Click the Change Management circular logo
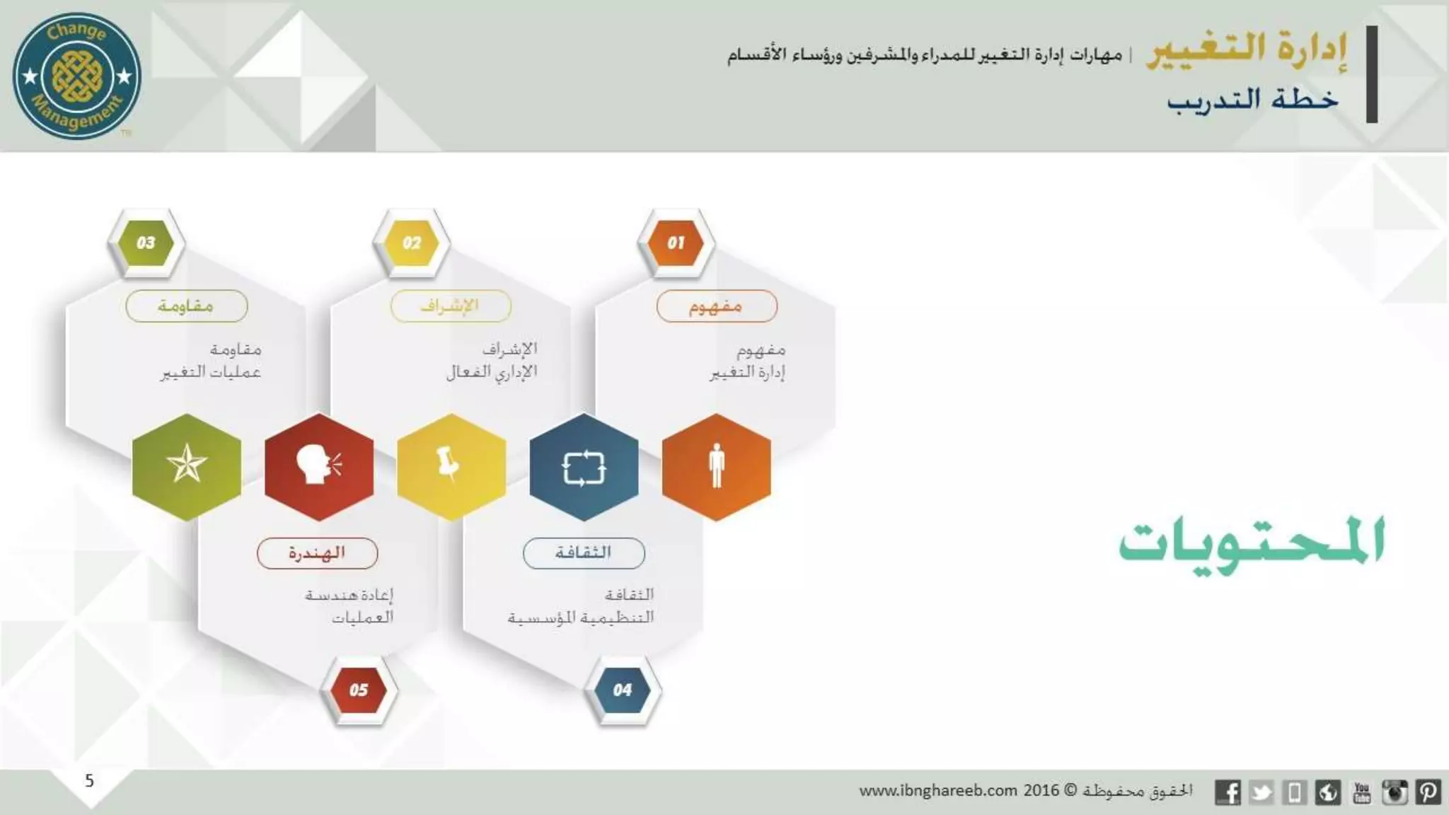pos(76,76)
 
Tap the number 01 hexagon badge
pos(676,243)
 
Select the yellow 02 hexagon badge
pos(411,243)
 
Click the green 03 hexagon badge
pos(146,243)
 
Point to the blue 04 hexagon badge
pos(623,690)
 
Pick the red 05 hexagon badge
pos(358,690)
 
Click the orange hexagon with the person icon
pos(716,467)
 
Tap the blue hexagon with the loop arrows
pos(584,467)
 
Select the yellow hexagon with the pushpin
pos(451,467)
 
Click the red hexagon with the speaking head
pos(319,467)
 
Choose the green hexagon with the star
pos(187,467)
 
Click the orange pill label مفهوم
pos(717,306)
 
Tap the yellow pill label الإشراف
pos(451,306)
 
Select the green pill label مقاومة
pos(187,306)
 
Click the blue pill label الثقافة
pos(584,553)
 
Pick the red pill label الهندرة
pos(317,553)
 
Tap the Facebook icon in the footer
pos(1228,792)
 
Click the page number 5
pos(89,780)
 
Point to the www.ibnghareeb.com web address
pos(938,791)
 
